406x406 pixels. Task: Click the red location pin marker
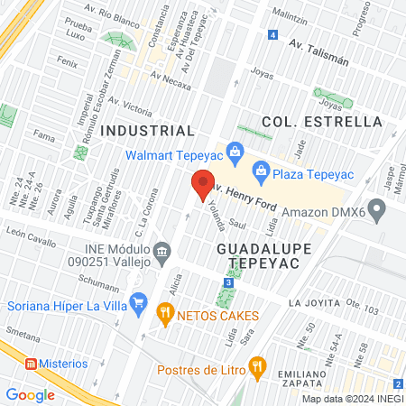pos(203,184)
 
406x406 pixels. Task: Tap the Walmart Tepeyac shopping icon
pos(235,151)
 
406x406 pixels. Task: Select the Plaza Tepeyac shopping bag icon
pos(261,169)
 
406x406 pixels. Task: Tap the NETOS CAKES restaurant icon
pos(165,314)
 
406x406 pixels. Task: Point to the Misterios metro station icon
pos(31,364)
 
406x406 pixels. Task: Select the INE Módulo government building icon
pos(161,249)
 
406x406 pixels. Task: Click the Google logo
pos(31,394)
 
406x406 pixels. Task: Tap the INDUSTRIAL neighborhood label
pos(147,131)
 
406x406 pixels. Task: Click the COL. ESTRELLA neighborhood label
pos(321,122)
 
